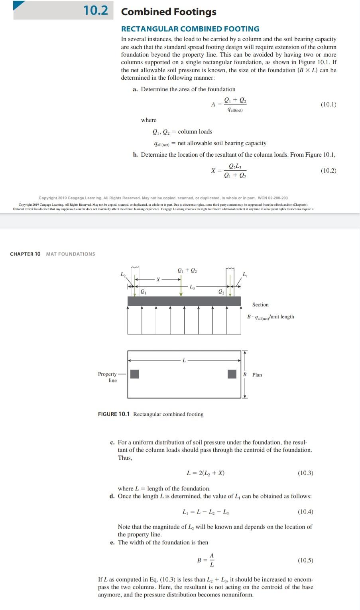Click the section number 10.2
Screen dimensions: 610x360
point(96,11)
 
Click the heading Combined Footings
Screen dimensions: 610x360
point(169,12)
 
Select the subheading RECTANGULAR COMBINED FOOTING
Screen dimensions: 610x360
point(190,29)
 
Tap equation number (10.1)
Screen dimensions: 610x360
point(328,104)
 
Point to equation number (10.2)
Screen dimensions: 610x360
point(328,171)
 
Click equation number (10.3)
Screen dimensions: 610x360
point(305,473)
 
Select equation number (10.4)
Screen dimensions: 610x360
point(305,512)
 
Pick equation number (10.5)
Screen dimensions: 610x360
point(305,560)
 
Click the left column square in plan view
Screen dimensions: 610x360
point(135,374)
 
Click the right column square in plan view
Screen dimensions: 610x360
point(232,374)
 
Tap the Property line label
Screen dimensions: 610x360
point(108,377)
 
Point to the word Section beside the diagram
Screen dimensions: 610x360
point(260,305)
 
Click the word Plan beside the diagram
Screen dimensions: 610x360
point(257,375)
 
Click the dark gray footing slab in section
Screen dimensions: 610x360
point(184,301)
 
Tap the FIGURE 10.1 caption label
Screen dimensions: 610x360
point(114,414)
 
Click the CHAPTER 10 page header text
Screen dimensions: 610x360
point(25,254)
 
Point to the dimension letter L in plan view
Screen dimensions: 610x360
point(184,360)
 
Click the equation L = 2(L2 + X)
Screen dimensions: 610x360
point(205,473)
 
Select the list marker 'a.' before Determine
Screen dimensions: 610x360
point(136,89)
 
